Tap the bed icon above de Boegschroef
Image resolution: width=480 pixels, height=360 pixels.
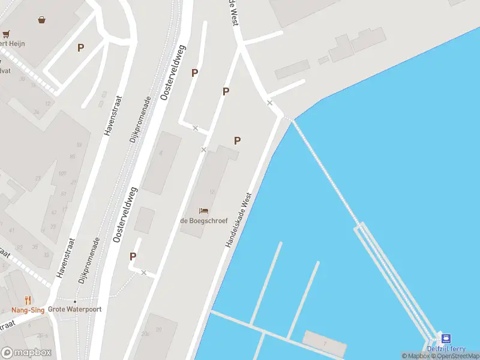204,211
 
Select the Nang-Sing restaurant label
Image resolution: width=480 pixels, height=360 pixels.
28,310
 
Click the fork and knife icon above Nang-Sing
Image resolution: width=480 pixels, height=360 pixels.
28,300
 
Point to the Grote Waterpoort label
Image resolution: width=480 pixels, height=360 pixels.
75,310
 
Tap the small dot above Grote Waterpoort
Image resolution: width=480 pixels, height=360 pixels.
75,301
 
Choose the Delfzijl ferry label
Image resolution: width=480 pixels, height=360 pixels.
446,349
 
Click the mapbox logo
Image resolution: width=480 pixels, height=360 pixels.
26,353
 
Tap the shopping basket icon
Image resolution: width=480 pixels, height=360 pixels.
42,20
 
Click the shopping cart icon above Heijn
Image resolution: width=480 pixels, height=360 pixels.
5,34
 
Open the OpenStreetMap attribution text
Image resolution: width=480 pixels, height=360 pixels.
458,356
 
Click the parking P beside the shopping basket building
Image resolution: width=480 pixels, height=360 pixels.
80,48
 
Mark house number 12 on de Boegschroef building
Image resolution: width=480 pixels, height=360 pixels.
212,192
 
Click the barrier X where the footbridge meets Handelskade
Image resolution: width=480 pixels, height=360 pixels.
270,103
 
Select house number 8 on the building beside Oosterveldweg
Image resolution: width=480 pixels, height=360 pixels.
161,153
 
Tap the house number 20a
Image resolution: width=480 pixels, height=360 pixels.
146,334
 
